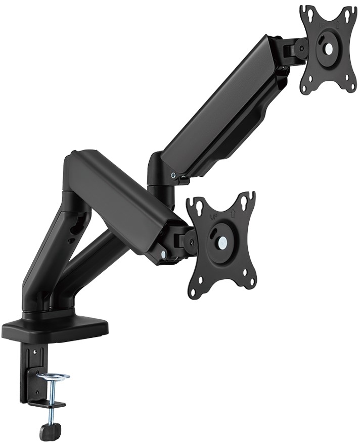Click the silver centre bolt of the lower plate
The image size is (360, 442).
click(222, 242)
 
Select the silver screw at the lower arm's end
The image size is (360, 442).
click(163, 255)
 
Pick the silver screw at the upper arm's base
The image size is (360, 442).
click(174, 176)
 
